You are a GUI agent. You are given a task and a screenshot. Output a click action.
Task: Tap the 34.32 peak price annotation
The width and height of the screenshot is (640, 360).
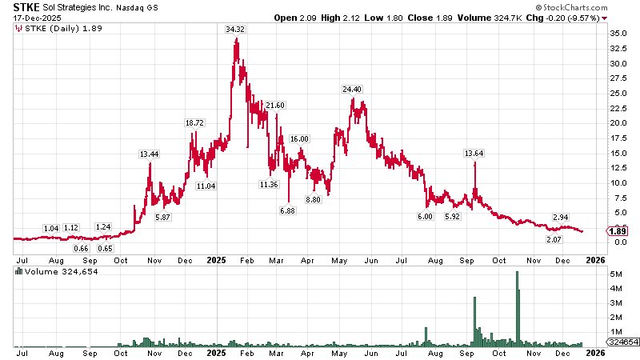coord(235,29)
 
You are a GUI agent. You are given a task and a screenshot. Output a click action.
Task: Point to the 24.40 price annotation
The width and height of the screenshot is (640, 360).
coord(353,89)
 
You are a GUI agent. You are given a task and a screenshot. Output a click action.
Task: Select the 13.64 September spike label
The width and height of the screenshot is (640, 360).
coord(475,153)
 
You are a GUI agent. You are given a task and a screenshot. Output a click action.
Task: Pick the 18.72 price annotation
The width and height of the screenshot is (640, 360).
coord(195,122)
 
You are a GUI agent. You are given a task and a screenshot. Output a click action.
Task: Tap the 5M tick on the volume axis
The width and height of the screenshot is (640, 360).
coord(617,274)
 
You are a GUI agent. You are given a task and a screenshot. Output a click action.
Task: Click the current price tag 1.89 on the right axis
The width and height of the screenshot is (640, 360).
coord(617,231)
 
